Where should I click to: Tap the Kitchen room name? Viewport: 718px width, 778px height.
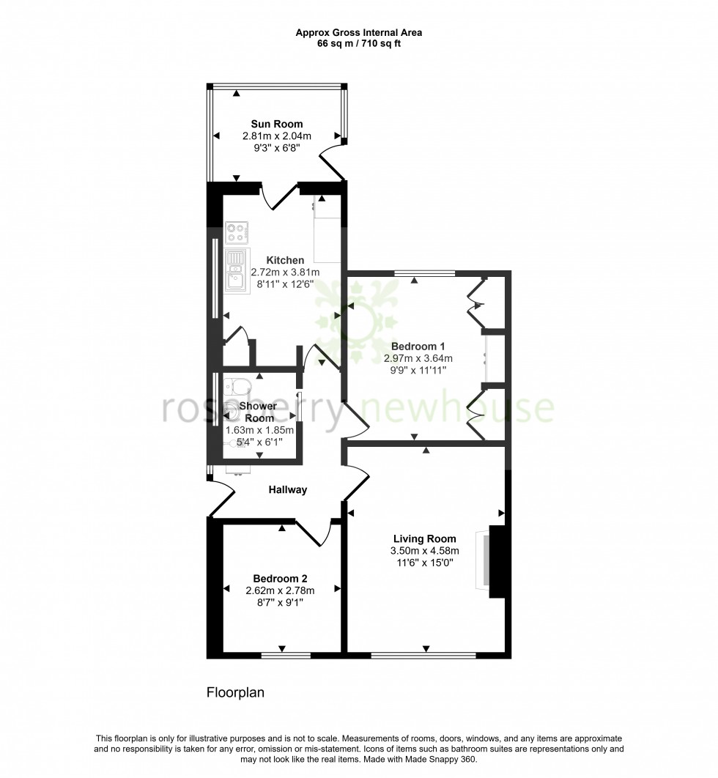point(285,260)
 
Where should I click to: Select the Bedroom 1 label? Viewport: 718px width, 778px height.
point(418,347)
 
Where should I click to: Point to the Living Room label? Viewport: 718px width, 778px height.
point(424,538)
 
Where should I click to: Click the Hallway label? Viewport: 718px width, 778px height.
point(287,490)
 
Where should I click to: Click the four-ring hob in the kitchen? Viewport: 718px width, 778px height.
point(237,233)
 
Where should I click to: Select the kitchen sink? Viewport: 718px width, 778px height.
point(237,270)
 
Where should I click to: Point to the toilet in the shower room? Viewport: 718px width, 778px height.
point(237,387)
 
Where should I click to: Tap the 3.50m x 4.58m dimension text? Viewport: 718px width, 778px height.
point(424,551)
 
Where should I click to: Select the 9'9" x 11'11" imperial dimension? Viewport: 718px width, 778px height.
point(418,371)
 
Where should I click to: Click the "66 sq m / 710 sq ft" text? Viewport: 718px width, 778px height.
point(358,43)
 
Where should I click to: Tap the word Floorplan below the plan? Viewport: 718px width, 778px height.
point(235,692)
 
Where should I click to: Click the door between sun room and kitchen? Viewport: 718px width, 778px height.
point(279,198)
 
